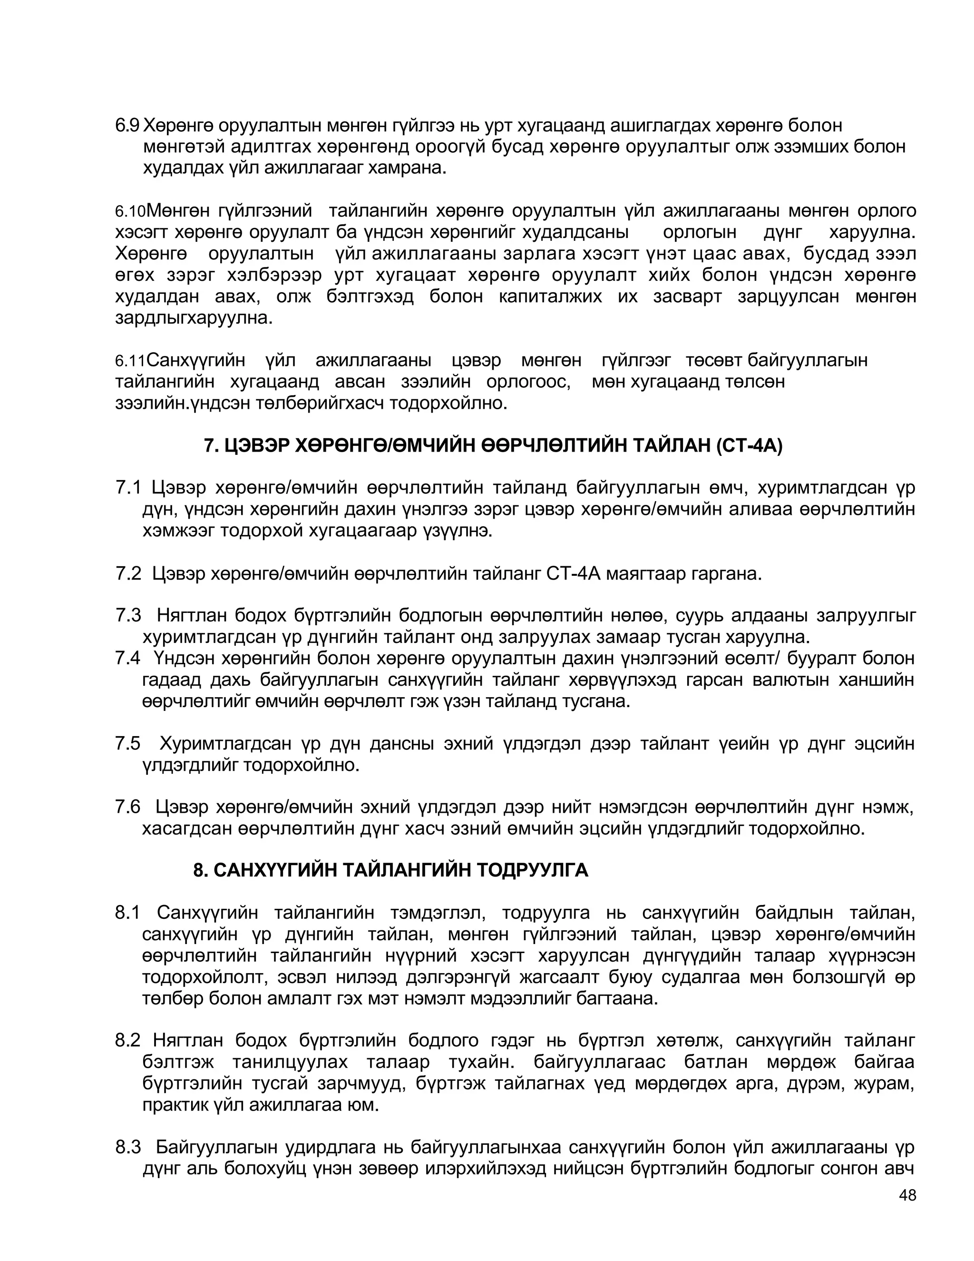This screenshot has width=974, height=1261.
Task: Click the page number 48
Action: [x=907, y=1195]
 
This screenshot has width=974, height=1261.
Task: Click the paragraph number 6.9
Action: [x=127, y=125]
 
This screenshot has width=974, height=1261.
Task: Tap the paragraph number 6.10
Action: [x=130, y=212]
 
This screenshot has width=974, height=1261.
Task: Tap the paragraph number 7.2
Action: [x=128, y=574]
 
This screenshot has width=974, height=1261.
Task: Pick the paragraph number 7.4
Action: [x=128, y=658]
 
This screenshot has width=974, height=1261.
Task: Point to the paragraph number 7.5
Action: [x=128, y=744]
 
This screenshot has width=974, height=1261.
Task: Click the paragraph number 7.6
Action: [x=128, y=807]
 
